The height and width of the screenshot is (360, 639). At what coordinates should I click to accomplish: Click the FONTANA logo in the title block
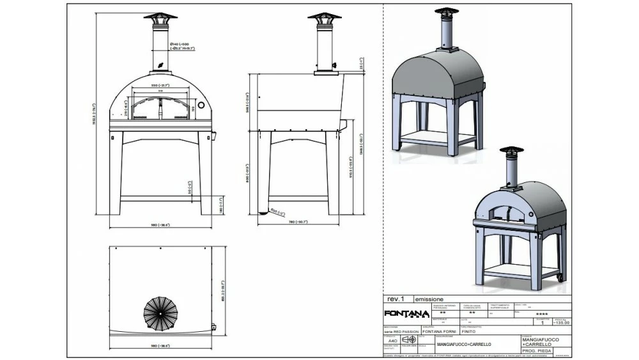tap(406, 313)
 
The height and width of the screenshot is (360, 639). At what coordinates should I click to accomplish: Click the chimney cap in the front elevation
tap(160, 17)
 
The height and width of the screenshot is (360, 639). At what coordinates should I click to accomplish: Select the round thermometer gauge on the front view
tap(201, 104)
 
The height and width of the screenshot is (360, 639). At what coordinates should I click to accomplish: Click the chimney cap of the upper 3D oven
tap(447, 12)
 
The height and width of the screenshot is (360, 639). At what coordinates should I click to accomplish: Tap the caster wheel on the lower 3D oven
tap(561, 278)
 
